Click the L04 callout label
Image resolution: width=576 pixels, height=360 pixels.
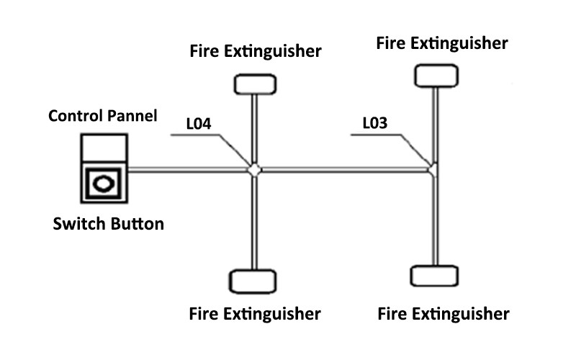pyautogui.click(x=198, y=124)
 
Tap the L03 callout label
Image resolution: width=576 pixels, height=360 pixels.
pyautogui.click(x=374, y=123)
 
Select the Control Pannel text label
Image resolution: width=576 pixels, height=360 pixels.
pyautogui.click(x=103, y=115)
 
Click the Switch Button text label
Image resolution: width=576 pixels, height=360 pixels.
pyautogui.click(x=109, y=224)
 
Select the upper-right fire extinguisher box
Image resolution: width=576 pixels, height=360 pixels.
pyautogui.click(x=436, y=74)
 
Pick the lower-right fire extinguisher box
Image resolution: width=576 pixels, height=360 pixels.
pyautogui.click(x=433, y=276)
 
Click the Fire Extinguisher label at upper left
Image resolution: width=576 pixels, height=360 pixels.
pyautogui.click(x=255, y=51)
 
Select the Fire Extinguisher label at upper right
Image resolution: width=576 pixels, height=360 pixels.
pyautogui.click(x=442, y=43)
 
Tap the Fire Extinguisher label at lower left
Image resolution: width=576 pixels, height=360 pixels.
pyautogui.click(x=255, y=314)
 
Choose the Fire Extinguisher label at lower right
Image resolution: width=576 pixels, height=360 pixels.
pyautogui.click(x=444, y=314)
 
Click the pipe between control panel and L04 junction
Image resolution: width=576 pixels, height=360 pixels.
pyautogui.click(x=187, y=170)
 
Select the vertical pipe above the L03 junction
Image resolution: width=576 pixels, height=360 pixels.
pyautogui.click(x=435, y=122)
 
